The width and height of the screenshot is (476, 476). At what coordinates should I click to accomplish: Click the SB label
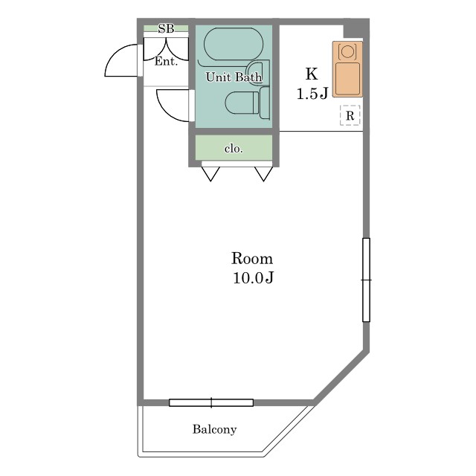click(166, 28)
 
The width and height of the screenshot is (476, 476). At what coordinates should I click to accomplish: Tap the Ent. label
click(166, 61)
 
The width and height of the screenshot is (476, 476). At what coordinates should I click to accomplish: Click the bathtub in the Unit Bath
click(234, 44)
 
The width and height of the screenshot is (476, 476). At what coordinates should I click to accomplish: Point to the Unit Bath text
click(234, 77)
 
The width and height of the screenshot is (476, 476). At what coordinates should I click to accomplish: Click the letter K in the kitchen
click(311, 74)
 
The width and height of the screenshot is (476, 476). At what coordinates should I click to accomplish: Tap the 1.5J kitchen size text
click(312, 94)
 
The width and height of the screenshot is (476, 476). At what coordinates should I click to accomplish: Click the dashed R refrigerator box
click(350, 115)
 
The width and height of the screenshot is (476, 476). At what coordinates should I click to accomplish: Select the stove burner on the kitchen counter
click(347, 51)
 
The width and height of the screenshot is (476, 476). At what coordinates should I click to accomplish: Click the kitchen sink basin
click(347, 78)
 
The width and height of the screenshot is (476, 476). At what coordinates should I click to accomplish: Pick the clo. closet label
click(234, 149)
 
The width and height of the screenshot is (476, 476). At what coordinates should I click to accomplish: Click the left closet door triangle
click(210, 174)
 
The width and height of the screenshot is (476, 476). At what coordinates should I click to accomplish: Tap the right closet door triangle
click(263, 174)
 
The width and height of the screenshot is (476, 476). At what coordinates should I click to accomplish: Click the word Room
click(252, 259)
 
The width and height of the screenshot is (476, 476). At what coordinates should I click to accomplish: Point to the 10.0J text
click(253, 277)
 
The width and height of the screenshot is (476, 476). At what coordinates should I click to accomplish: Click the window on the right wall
click(366, 280)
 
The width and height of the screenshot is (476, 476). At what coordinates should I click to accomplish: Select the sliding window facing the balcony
click(211, 402)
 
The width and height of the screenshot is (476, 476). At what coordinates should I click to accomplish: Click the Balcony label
click(215, 429)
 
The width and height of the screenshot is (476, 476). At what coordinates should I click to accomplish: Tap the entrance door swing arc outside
click(121, 60)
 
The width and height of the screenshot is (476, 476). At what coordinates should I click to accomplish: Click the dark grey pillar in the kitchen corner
click(356, 28)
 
